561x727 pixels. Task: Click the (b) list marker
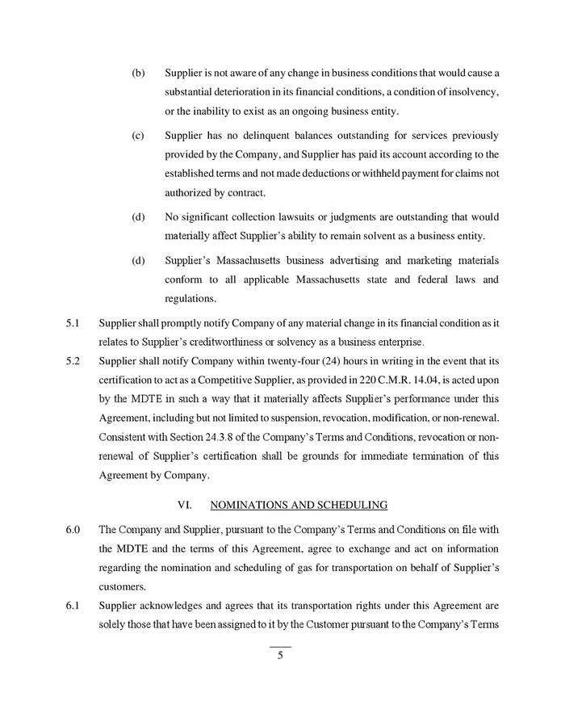[138, 74]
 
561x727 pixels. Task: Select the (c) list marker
[138, 135]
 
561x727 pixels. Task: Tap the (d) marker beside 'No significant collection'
[138, 216]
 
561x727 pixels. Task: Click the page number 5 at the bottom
[280, 656]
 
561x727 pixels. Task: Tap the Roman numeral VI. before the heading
[185, 506]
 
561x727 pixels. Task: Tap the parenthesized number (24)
[308, 360]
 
